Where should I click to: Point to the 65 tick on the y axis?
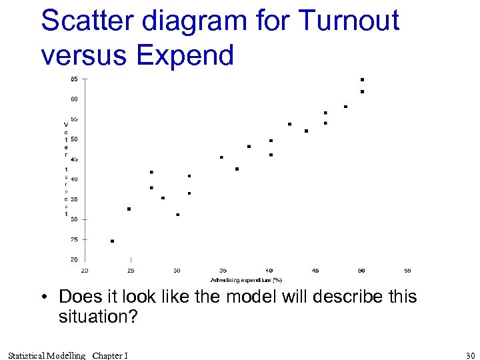pyautogui.click(x=74, y=79)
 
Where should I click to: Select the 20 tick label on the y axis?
pyautogui.click(x=74, y=259)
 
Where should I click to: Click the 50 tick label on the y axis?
pyautogui.click(x=74, y=139)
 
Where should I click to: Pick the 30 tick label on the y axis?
pyautogui.click(x=74, y=219)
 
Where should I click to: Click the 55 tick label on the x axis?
pyautogui.click(x=407, y=271)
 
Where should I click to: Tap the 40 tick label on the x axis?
pyautogui.click(x=269, y=271)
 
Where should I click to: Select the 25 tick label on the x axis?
pyautogui.click(x=131, y=271)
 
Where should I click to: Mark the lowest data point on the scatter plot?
pyautogui.click(x=112, y=241)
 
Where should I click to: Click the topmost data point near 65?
pyautogui.click(x=362, y=79)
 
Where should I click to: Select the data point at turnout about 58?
pyautogui.click(x=345, y=107)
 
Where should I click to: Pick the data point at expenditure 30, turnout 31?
pyautogui.click(x=177, y=215)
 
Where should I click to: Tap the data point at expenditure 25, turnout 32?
pyautogui.click(x=129, y=209)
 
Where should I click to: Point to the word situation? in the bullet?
pyautogui.click(x=97, y=317)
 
